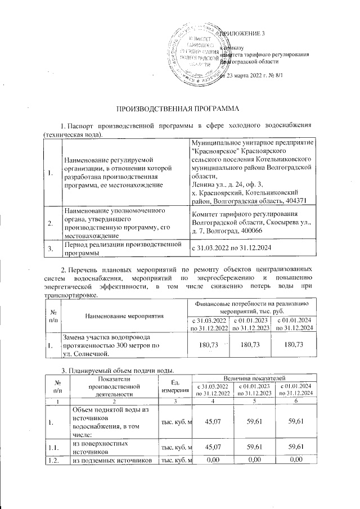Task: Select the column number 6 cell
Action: click(x=293, y=400)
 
